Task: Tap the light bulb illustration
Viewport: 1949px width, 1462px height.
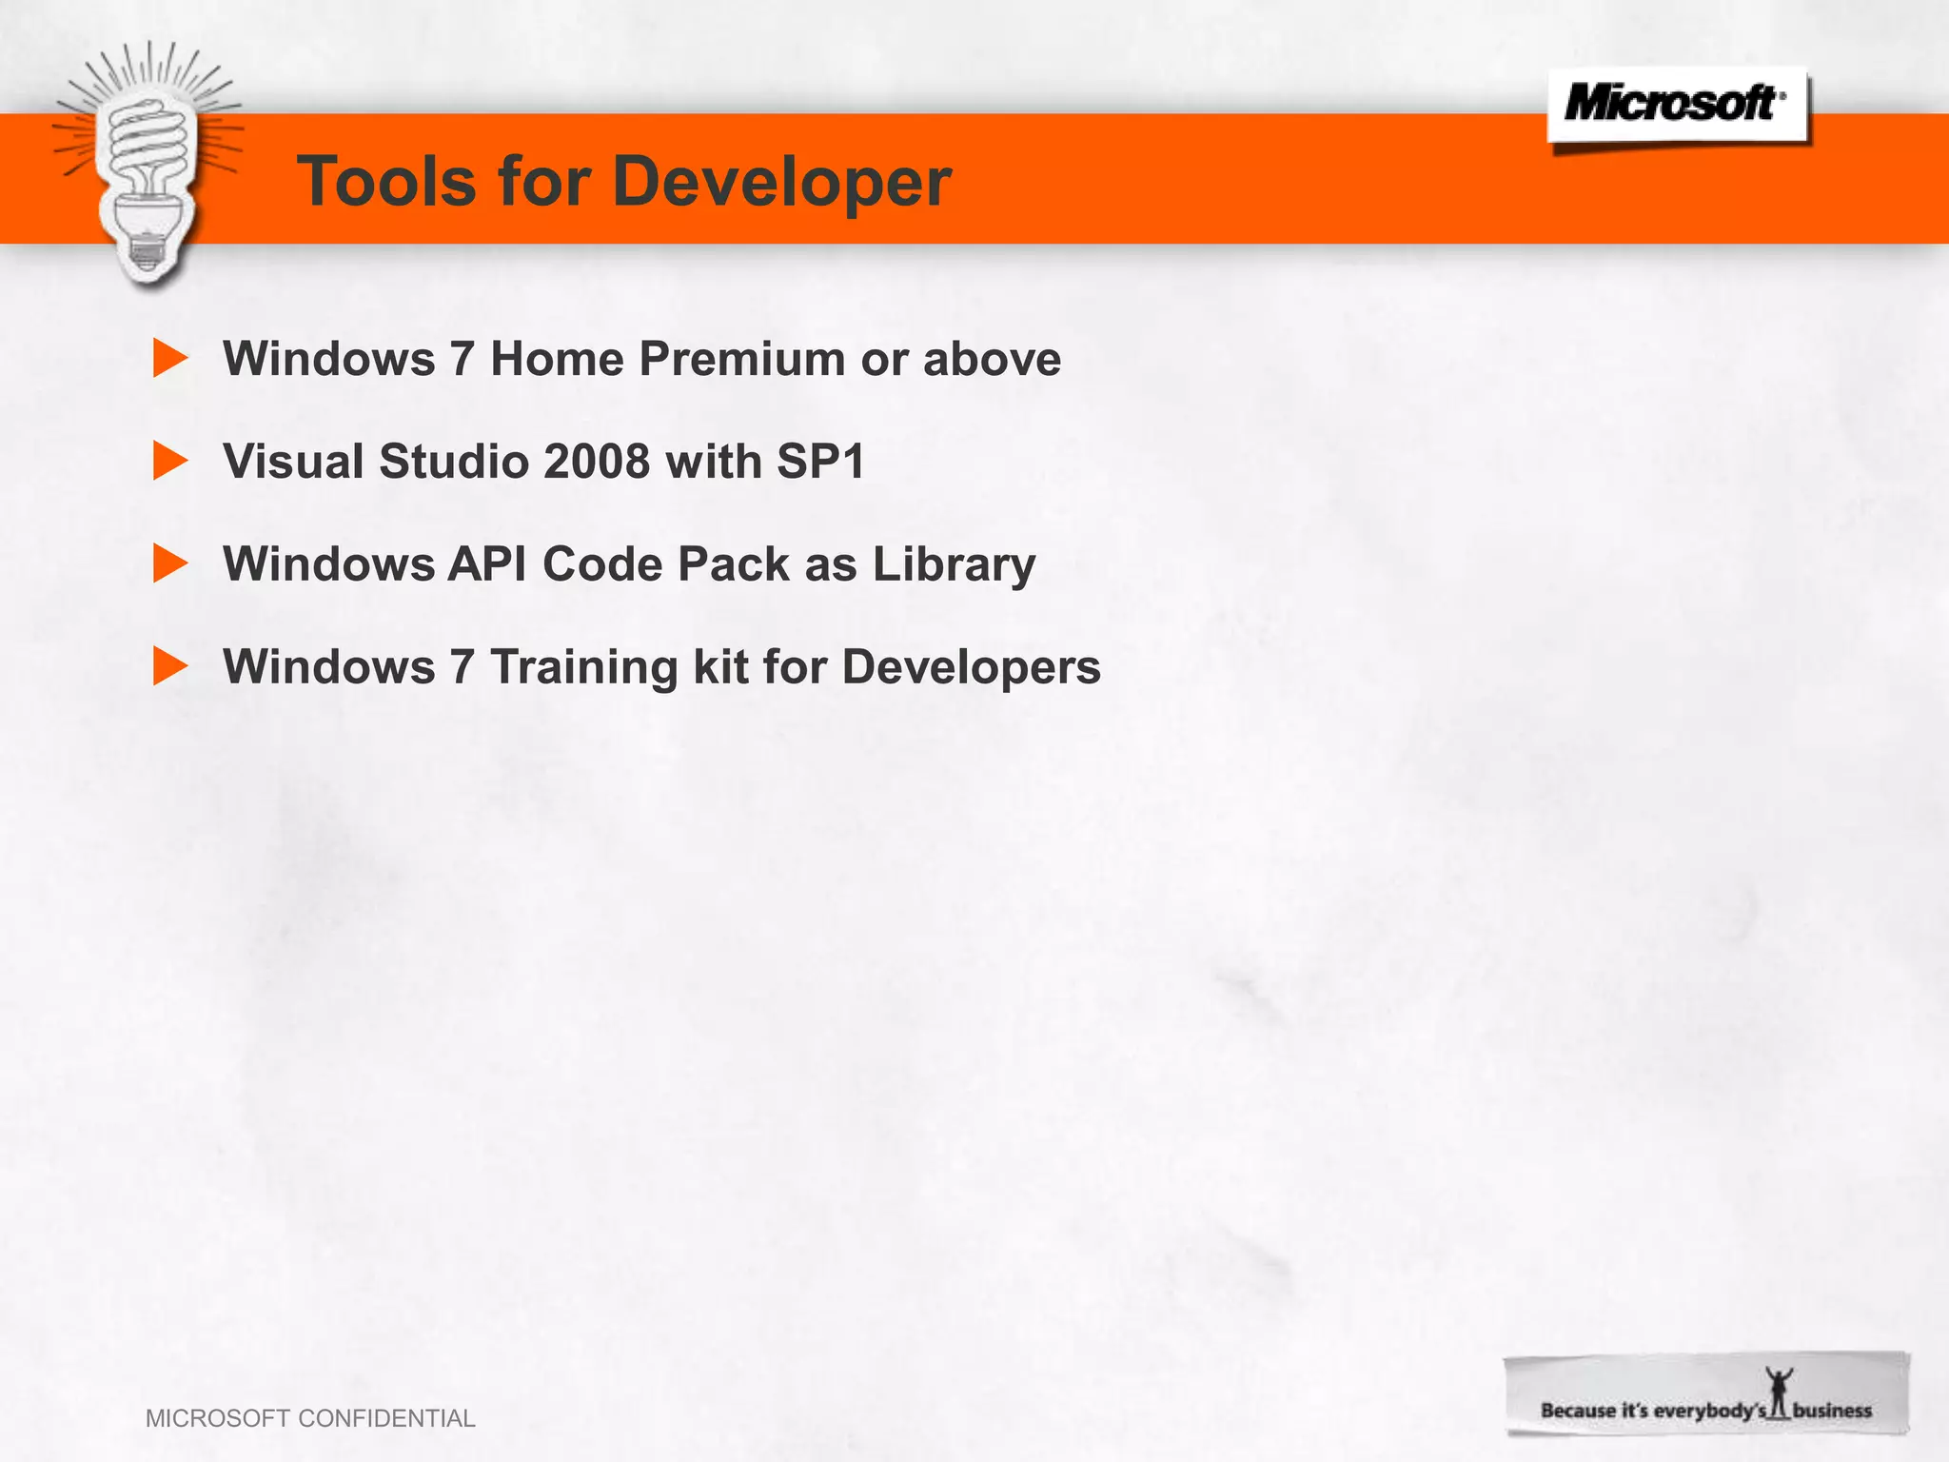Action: (x=148, y=167)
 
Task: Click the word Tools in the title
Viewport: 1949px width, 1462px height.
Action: (x=386, y=181)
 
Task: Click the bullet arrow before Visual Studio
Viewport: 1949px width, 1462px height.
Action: (x=170, y=462)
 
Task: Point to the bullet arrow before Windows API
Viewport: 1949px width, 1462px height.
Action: (x=170, y=563)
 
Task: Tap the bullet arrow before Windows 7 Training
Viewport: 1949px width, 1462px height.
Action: (x=170, y=666)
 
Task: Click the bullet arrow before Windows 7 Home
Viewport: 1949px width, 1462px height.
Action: (x=170, y=359)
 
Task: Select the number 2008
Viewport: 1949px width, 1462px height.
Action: (x=597, y=462)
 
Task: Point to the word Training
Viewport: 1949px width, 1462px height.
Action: (x=583, y=668)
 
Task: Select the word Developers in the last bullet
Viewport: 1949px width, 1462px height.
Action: (x=971, y=668)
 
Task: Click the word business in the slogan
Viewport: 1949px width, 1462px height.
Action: (x=1832, y=1411)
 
